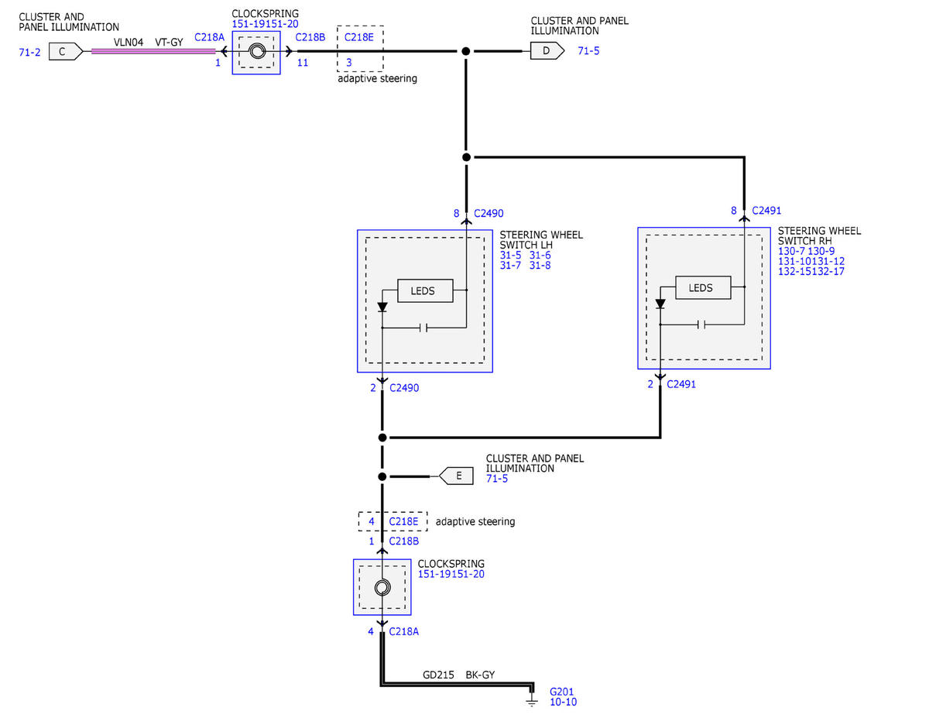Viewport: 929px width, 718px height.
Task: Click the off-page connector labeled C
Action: (x=65, y=52)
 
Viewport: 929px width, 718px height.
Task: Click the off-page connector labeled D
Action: (x=547, y=51)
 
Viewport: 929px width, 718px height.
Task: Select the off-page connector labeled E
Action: (x=456, y=476)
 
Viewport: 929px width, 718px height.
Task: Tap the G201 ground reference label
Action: (x=561, y=692)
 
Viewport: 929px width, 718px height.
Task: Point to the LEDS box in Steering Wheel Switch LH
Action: (x=425, y=290)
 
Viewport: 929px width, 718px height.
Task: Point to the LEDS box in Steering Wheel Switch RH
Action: (x=703, y=288)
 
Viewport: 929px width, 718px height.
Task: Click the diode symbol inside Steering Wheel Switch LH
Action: (x=382, y=307)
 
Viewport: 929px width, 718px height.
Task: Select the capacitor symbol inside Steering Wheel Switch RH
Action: (x=701, y=325)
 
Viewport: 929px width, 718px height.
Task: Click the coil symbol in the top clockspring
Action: (x=257, y=52)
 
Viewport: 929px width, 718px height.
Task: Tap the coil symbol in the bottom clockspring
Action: (x=382, y=588)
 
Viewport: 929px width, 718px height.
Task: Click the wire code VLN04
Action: (x=129, y=43)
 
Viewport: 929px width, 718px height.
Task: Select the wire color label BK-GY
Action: (x=480, y=675)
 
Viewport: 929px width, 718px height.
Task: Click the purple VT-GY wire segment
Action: (x=153, y=51)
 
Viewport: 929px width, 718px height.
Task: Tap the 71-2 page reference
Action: (x=29, y=52)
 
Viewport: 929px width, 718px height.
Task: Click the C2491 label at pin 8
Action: (x=766, y=211)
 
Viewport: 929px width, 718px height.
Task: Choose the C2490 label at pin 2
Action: (x=404, y=388)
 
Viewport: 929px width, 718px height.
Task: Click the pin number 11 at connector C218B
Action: (x=303, y=63)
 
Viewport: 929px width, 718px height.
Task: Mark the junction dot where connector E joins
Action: (x=382, y=476)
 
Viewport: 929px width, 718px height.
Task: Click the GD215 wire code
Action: (x=438, y=675)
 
